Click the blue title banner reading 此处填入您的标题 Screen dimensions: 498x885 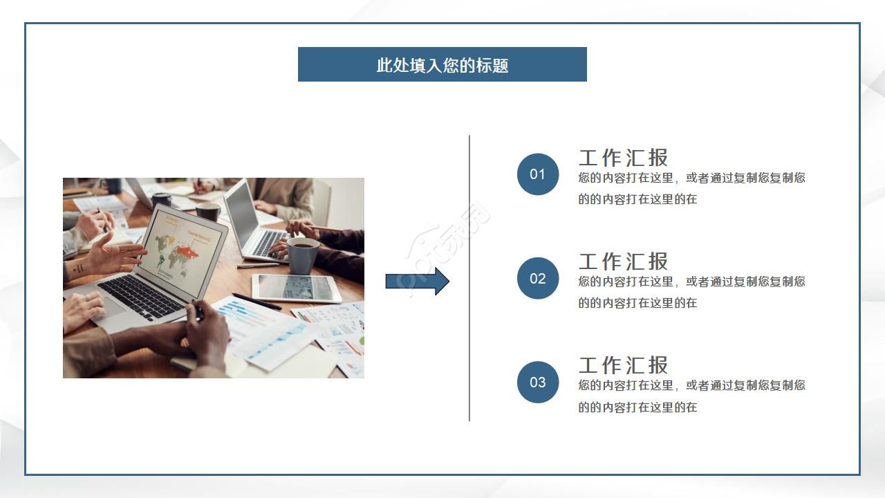coord(442,64)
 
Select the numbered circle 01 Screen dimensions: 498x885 coord(538,174)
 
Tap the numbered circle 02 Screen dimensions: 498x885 coord(538,278)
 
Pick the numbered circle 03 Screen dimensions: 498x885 coord(538,382)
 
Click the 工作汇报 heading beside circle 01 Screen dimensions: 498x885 coord(623,158)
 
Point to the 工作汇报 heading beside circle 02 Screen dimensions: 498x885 coord(623,261)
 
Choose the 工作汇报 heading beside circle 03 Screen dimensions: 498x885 coord(623,365)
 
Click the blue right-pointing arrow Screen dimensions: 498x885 coord(417,282)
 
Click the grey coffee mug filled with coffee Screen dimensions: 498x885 coord(303,255)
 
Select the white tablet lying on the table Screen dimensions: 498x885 coord(297,288)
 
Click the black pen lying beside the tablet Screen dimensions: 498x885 coord(257,302)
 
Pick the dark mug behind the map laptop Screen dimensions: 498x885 coord(207,210)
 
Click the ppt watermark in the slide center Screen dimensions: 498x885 coord(446,249)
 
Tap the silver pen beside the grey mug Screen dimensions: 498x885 coord(257,265)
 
